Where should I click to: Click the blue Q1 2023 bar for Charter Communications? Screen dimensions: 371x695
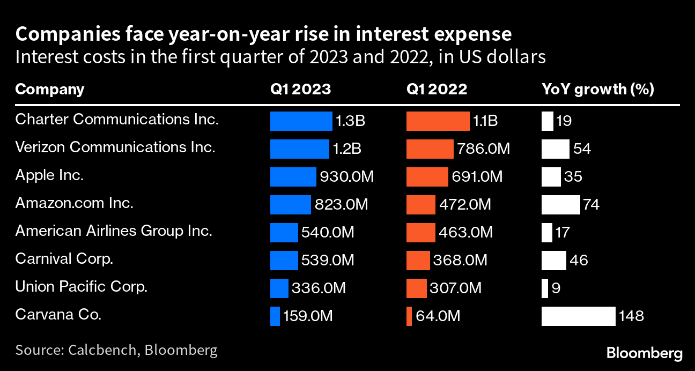301,121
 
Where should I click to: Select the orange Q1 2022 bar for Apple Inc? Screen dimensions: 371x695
427,177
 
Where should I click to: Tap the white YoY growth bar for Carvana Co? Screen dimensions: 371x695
578,316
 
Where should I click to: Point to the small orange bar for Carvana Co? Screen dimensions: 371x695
409,316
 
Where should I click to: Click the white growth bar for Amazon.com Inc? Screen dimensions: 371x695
560,205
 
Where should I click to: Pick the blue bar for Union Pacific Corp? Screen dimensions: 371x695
279,288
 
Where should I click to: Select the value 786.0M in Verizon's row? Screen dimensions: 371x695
483,149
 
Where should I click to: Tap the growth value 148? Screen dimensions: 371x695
631,316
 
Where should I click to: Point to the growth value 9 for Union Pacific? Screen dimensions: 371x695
556,288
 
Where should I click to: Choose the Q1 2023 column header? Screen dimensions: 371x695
300,89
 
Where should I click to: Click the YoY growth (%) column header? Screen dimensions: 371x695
597,89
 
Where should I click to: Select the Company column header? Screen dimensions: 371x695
49,89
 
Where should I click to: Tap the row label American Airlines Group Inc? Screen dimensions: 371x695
114,231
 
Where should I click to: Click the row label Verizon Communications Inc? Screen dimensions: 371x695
115,147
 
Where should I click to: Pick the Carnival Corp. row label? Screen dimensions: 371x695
64,259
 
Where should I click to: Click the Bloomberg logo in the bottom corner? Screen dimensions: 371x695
645,353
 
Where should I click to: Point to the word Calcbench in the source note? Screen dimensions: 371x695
100,351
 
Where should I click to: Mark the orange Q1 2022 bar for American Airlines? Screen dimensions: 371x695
420,233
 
